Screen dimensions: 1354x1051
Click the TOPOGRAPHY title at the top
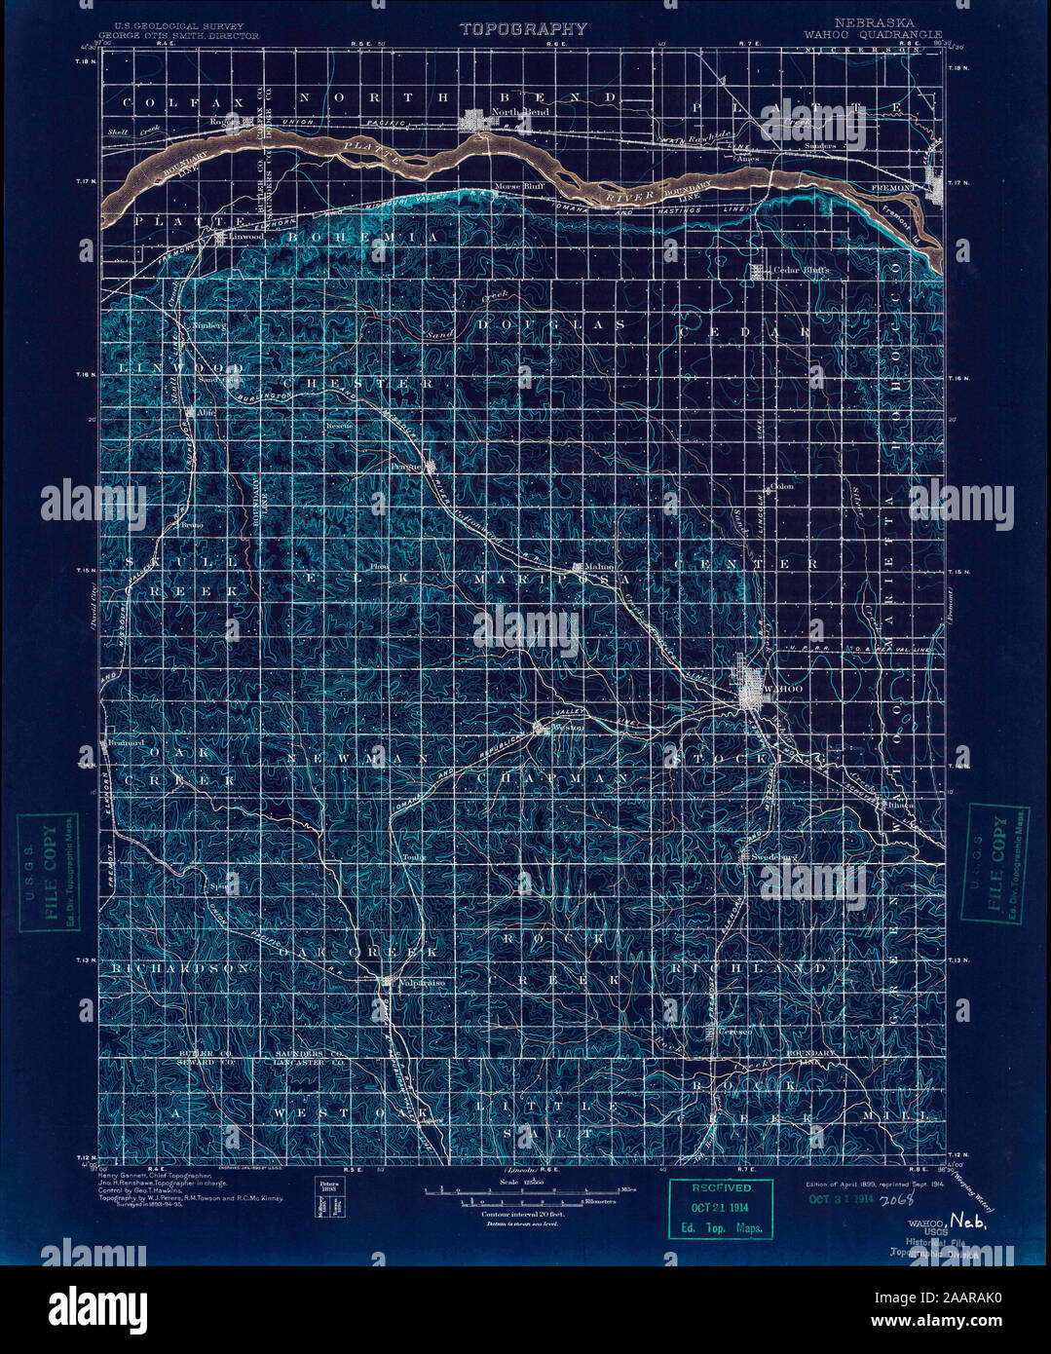tap(523, 28)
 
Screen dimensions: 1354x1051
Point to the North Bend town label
tap(520, 112)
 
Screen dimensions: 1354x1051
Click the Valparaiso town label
tap(422, 983)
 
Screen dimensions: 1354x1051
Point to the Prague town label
tap(408, 466)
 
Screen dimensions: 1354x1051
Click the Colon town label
tap(782, 486)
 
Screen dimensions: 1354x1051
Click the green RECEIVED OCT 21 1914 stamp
tap(721, 1209)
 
